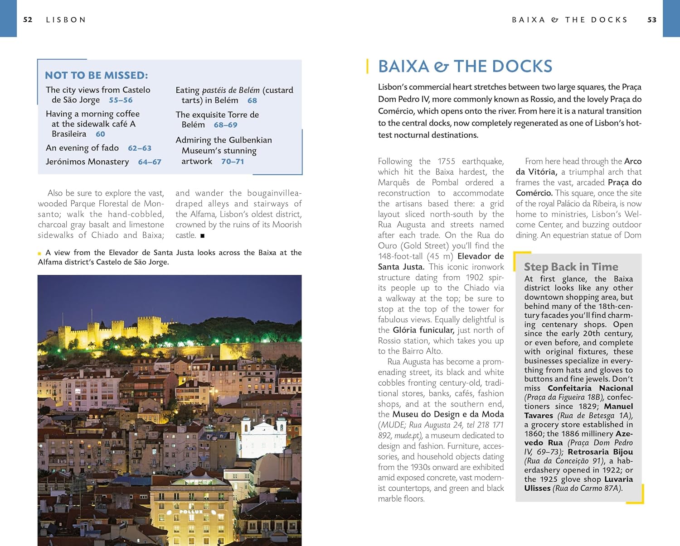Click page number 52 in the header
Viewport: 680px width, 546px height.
coord(28,20)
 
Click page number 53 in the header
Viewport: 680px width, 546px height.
coord(652,20)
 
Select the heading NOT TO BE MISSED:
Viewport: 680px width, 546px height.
coord(96,75)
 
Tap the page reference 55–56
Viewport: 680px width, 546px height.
coord(121,100)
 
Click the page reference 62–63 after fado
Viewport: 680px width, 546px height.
coord(140,148)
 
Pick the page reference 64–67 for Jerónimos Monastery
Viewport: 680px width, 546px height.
coord(150,162)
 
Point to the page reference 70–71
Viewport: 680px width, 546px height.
coord(233,161)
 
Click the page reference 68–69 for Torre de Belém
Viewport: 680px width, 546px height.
coord(225,125)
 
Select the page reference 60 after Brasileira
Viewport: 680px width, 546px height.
coord(100,134)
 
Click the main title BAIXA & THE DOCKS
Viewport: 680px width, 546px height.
coord(465,67)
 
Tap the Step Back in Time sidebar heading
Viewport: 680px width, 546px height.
coord(571,267)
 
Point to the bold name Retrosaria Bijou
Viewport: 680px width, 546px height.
coord(600,452)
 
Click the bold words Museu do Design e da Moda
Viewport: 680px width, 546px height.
coord(448,414)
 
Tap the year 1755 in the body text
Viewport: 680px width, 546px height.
coord(446,161)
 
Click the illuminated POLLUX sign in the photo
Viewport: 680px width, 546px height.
coord(191,512)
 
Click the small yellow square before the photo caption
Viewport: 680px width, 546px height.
coord(39,254)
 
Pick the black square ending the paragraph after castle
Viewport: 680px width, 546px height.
coord(202,236)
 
